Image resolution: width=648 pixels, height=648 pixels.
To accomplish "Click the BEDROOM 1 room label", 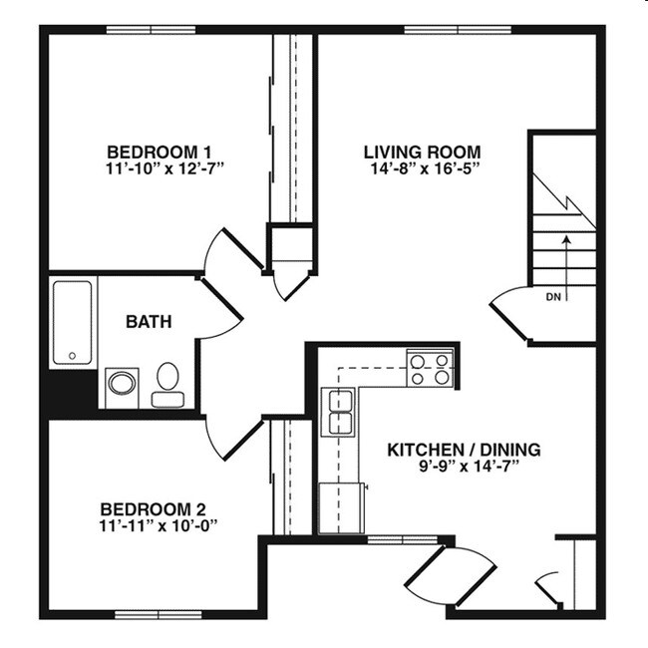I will click(164, 152).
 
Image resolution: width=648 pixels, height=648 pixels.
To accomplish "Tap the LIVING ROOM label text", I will click(422, 152).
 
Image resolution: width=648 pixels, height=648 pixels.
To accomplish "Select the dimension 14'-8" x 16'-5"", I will click(422, 167).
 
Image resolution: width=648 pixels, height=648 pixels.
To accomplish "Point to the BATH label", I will click(149, 322).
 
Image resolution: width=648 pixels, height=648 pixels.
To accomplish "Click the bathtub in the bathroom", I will click(72, 322).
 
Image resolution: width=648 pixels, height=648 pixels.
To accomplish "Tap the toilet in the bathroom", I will click(167, 385).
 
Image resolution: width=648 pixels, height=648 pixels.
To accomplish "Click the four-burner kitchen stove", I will click(431, 369).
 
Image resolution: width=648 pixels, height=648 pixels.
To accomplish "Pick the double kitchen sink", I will click(341, 413).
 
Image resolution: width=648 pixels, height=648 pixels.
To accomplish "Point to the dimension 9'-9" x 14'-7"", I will click(464, 466).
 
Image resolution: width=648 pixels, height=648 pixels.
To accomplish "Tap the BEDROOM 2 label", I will click(159, 507).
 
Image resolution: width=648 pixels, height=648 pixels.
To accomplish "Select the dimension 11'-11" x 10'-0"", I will click(159, 523).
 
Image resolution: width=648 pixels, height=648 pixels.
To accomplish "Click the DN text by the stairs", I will click(553, 297).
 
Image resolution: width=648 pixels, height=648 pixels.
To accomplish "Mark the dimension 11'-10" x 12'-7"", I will click(164, 167).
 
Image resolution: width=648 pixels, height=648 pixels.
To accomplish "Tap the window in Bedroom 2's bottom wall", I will click(152, 613).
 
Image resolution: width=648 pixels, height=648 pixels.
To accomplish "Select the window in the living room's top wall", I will click(444, 30).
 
